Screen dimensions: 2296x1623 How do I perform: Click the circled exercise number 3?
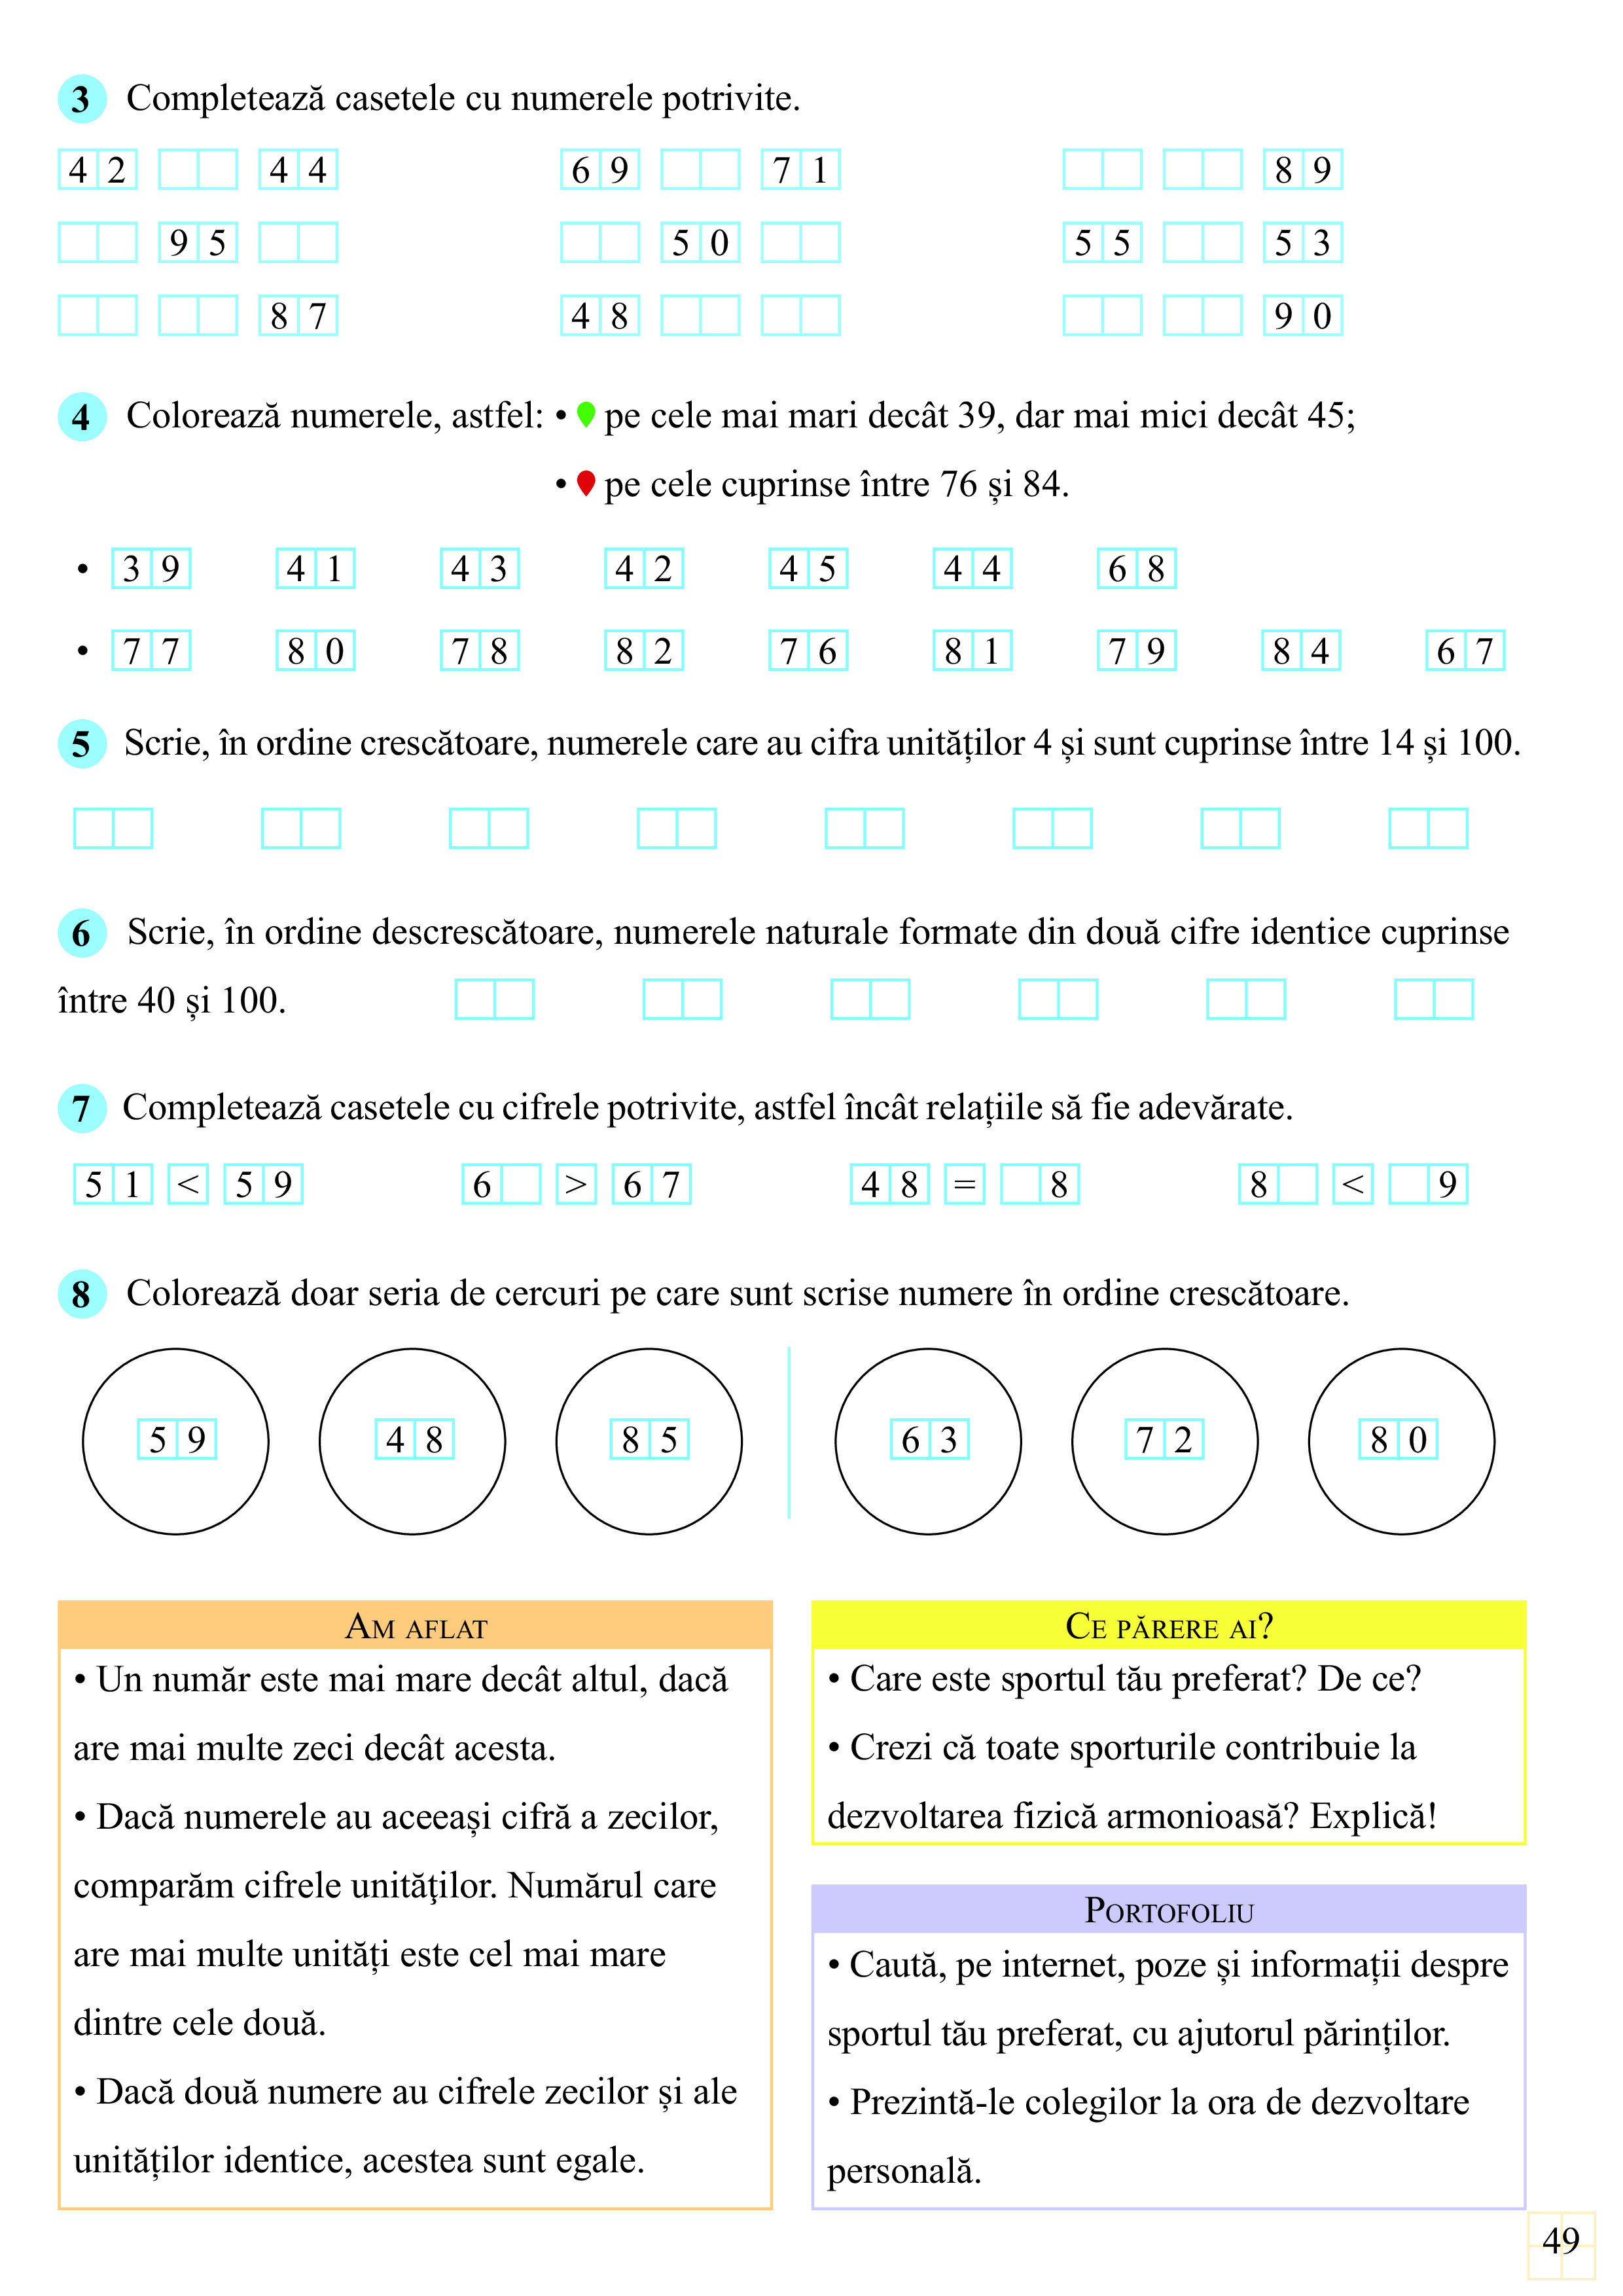click(x=82, y=99)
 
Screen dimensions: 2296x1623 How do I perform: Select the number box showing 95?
click(x=198, y=243)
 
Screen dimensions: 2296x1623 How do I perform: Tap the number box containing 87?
click(x=298, y=316)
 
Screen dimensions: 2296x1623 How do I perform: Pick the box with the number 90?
click(x=1302, y=316)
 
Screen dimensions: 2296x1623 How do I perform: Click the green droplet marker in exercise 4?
click(x=586, y=414)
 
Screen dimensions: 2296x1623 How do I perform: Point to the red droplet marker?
click(x=586, y=484)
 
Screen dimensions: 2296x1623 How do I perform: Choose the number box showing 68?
click(x=1136, y=569)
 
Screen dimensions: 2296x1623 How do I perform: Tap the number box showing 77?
click(x=151, y=651)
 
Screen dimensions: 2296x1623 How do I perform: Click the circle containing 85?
click(x=649, y=1441)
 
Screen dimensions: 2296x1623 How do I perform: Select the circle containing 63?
click(x=928, y=1441)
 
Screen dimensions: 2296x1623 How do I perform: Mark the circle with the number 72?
click(x=1164, y=1441)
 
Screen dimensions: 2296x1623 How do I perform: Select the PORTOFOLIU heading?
click(x=1168, y=1911)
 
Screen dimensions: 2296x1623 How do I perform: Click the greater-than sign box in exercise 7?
click(x=576, y=1185)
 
